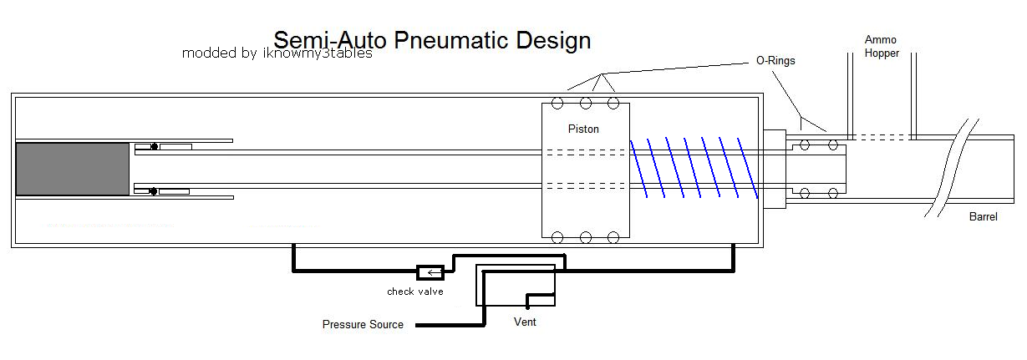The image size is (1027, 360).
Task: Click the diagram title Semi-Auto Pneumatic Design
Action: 432,41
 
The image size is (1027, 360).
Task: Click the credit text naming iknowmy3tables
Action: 277,53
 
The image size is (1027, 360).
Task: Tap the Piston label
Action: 583,129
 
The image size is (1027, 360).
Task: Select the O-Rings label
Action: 775,60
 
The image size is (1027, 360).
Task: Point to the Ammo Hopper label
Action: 882,46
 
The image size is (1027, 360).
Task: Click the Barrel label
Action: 983,216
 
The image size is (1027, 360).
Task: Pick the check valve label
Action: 415,292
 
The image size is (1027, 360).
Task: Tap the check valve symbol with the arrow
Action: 430,272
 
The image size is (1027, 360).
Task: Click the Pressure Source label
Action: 363,324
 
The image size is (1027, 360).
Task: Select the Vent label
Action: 525,322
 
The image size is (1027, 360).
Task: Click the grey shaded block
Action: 73,169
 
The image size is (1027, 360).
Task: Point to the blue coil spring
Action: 694,168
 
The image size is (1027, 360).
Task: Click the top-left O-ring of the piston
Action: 557,104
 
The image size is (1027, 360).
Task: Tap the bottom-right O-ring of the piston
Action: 613,238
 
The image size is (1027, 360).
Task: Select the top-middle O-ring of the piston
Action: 586,104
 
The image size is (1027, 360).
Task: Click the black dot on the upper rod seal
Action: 155,146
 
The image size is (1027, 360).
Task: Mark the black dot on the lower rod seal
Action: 153,191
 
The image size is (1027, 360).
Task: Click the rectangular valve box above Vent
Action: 516,285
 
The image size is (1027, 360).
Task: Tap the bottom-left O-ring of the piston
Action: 557,238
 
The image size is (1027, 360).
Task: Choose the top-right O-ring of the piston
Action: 613,104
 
